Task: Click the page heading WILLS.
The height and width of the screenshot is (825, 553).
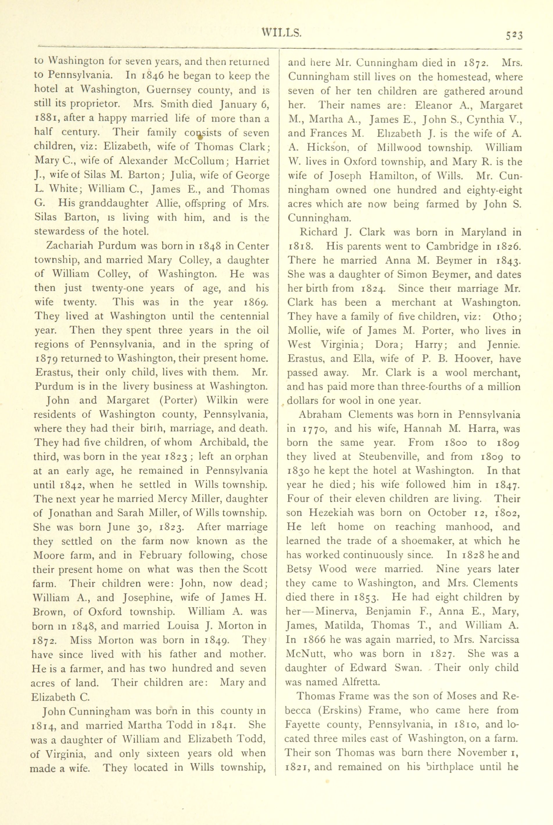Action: point(281,33)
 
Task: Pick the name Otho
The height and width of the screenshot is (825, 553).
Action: point(505,316)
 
